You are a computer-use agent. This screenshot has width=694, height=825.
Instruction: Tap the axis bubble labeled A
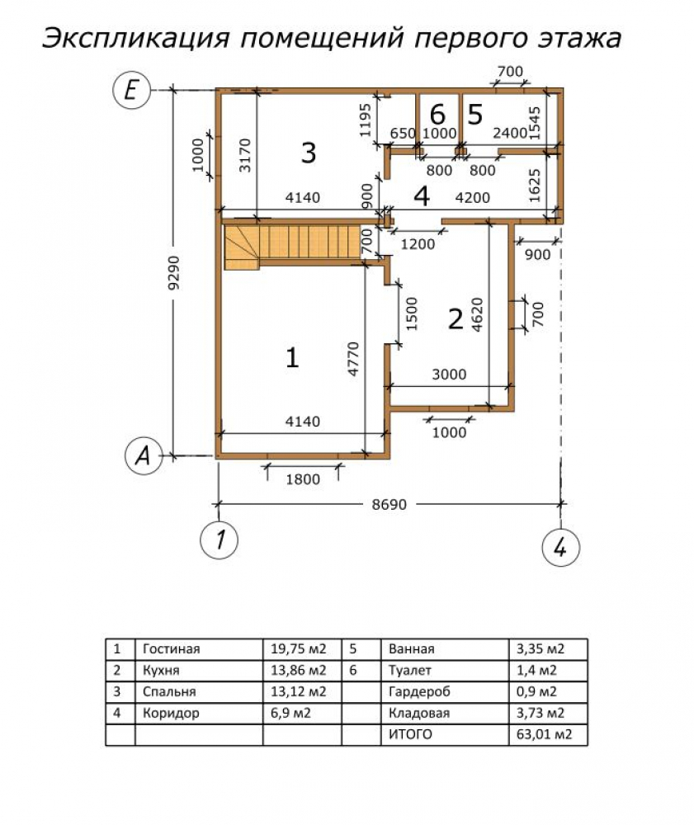(142, 455)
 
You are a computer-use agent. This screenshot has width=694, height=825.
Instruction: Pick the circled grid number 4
(560, 546)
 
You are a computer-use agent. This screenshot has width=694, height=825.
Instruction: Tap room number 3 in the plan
(307, 153)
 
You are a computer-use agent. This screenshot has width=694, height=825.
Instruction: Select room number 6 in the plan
(437, 115)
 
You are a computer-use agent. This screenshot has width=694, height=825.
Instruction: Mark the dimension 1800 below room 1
(303, 481)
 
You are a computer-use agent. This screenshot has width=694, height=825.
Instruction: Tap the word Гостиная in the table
(171, 648)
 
